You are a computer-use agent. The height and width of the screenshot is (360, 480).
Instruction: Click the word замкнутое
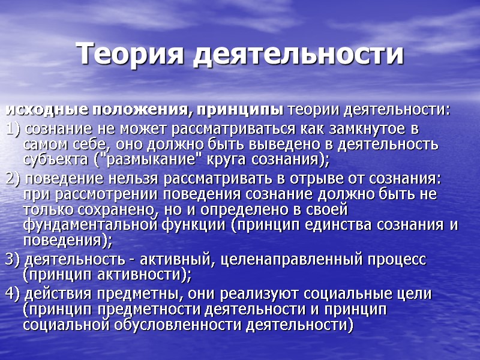coord(359,130)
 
